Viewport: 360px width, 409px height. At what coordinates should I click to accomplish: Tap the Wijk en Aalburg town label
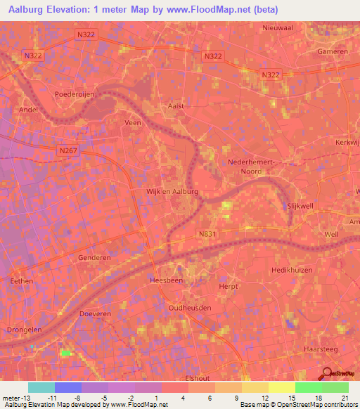coord(172,191)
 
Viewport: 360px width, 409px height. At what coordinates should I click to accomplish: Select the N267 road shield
coord(67,149)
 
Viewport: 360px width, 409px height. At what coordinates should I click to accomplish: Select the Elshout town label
coord(198,378)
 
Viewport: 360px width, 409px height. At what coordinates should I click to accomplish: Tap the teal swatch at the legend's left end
coord(41,387)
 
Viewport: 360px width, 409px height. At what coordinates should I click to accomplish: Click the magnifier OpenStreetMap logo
coord(326,375)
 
